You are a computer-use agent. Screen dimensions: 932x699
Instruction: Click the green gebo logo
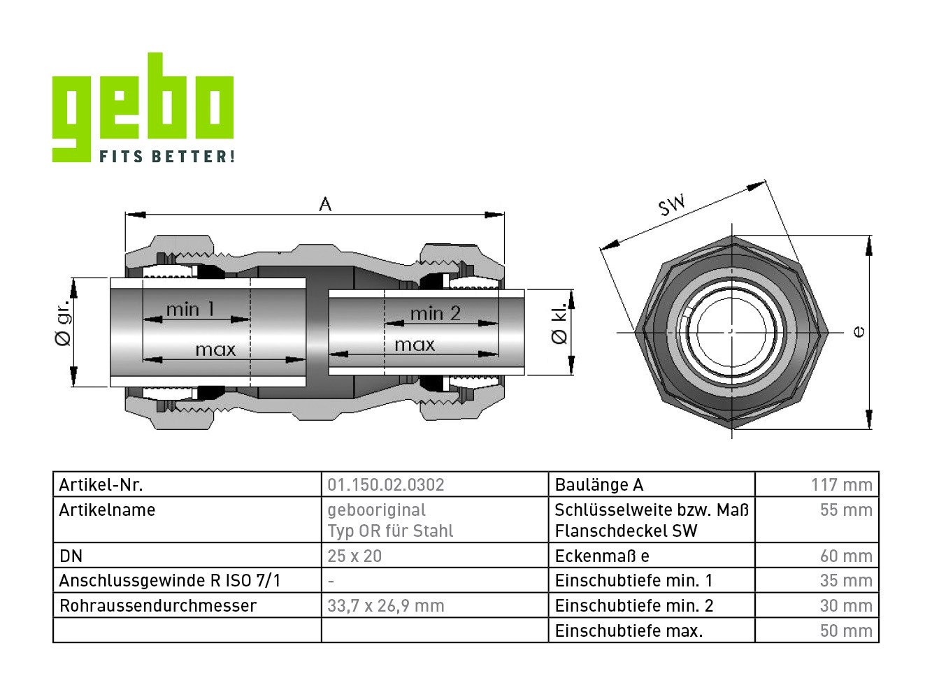(x=143, y=107)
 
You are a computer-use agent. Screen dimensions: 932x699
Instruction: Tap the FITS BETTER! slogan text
(x=167, y=156)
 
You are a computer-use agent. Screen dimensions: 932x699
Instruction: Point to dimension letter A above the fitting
(x=325, y=204)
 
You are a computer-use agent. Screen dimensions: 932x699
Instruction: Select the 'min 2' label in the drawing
(x=435, y=314)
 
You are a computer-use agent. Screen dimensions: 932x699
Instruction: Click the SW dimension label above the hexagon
(x=671, y=205)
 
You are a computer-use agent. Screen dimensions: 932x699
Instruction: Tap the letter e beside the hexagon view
(x=859, y=331)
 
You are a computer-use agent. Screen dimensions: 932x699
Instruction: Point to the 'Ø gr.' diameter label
(x=63, y=322)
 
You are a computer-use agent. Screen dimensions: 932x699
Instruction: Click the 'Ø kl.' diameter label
(x=559, y=323)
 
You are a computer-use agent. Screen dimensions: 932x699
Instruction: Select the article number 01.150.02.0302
(x=385, y=484)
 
